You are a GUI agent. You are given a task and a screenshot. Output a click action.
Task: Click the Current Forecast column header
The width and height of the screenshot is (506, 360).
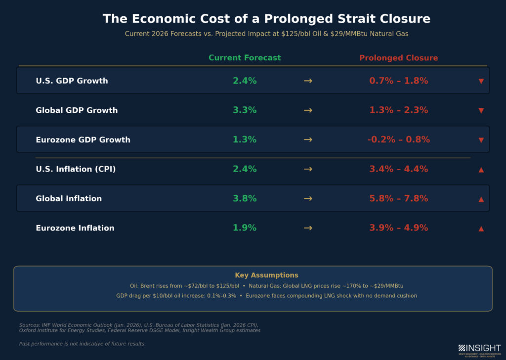(x=245, y=58)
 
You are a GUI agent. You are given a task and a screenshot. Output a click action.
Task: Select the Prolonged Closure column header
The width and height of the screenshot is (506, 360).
(x=398, y=58)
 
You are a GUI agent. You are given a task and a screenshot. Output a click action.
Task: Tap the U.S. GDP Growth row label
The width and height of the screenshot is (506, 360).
(x=72, y=81)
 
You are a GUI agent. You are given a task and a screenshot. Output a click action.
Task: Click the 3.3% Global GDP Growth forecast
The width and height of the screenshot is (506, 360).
(x=245, y=110)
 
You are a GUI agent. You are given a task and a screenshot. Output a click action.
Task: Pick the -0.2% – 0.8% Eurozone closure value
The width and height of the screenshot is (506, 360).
(x=398, y=140)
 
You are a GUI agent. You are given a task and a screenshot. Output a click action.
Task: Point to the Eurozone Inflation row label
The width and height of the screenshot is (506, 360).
(x=75, y=228)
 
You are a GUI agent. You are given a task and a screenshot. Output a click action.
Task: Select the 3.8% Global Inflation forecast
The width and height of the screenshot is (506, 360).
(x=245, y=198)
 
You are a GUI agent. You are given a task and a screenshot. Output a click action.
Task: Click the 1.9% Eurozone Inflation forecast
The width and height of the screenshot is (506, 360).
(x=245, y=228)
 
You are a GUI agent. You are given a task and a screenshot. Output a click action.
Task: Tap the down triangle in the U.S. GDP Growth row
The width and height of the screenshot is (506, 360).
(x=481, y=81)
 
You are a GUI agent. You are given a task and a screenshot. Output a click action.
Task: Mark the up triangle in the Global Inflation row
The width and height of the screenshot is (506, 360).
(x=481, y=199)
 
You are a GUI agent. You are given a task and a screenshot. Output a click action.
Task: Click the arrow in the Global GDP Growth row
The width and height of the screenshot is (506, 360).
(x=308, y=110)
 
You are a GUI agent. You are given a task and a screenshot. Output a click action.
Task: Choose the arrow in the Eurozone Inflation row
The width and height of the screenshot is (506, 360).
(x=308, y=228)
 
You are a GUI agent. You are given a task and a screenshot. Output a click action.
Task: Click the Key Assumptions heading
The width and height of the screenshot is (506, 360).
(x=266, y=275)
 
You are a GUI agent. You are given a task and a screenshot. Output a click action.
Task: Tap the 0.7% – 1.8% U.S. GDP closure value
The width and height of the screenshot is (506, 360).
(x=398, y=81)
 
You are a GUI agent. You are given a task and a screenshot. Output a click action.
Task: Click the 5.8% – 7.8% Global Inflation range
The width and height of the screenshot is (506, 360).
(x=398, y=198)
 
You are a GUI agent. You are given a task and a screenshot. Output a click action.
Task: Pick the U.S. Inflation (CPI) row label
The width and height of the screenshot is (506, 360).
(x=76, y=169)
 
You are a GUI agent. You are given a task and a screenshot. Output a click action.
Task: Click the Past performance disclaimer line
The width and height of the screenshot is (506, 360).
(x=82, y=343)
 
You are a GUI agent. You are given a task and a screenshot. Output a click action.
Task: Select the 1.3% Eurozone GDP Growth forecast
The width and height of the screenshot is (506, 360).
(x=245, y=140)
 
